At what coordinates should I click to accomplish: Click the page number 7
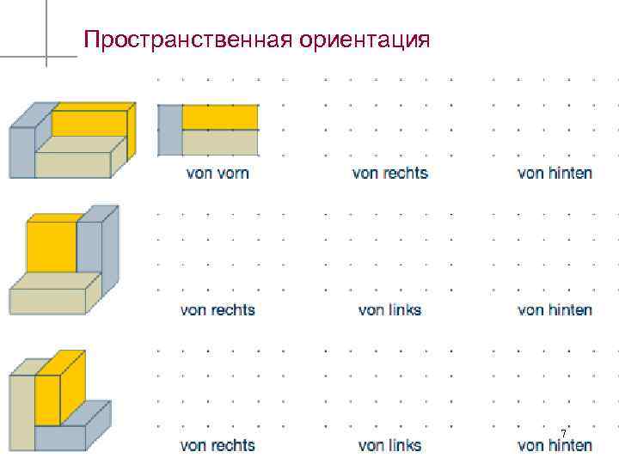563,432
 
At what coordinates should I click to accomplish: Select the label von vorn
218,173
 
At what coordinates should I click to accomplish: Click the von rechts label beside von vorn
389,173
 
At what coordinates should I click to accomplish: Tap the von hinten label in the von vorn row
555,173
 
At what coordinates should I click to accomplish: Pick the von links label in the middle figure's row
389,309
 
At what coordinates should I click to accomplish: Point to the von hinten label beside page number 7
555,445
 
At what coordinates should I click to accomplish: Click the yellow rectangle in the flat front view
220,117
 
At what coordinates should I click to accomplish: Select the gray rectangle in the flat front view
170,130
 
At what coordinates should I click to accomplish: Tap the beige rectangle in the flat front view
220,142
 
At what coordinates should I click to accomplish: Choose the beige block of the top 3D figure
73,158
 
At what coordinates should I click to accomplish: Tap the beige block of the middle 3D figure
47,296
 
